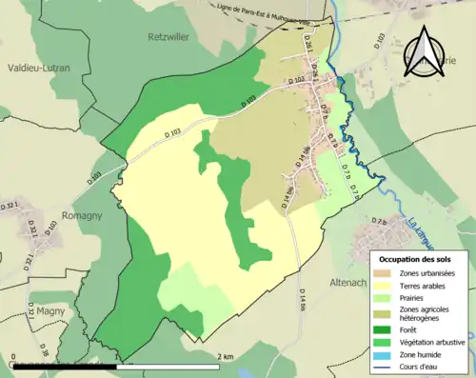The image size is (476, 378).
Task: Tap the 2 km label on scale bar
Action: [225, 356]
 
